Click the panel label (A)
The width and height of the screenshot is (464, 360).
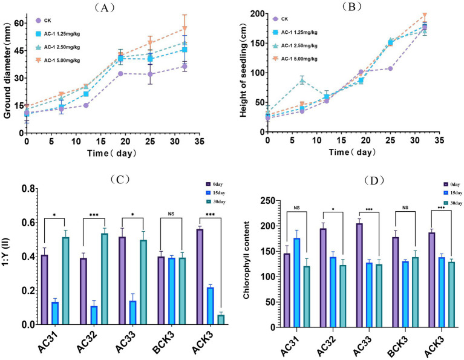click(x=104, y=8)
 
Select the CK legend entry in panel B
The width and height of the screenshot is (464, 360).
click(x=280, y=19)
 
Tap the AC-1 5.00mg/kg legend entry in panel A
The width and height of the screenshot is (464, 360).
click(x=57, y=61)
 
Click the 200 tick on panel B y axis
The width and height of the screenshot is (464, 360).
click(x=257, y=14)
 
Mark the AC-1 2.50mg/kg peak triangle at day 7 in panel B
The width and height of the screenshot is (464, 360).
click(x=302, y=80)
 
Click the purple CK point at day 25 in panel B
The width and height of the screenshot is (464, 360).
click(x=390, y=68)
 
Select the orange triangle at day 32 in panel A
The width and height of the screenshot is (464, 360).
click(x=185, y=28)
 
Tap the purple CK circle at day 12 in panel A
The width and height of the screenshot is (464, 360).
click(x=86, y=105)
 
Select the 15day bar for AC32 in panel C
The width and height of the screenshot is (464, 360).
click(x=94, y=315)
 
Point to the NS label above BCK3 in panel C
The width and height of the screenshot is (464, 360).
click(x=171, y=214)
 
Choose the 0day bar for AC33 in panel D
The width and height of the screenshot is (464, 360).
click(x=359, y=275)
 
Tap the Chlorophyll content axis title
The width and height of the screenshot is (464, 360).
click(x=246, y=260)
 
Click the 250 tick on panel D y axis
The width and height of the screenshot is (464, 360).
click(x=268, y=201)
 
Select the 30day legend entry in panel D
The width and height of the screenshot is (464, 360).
click(x=453, y=203)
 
